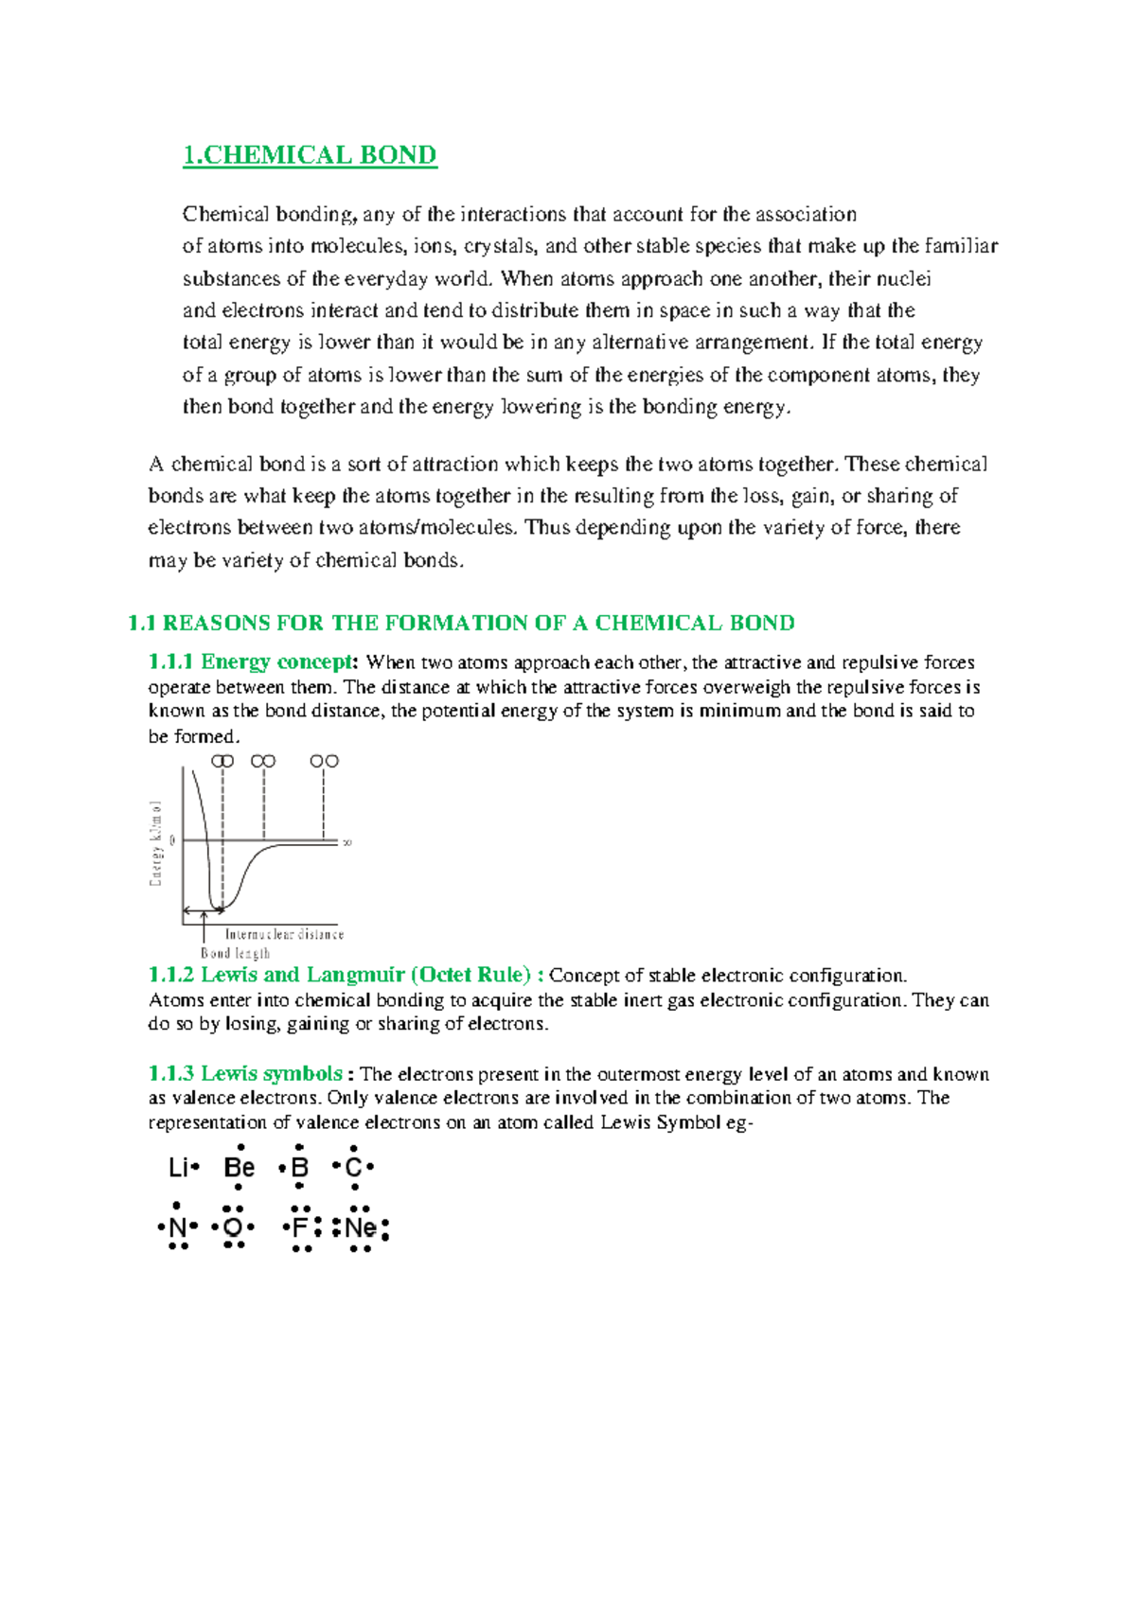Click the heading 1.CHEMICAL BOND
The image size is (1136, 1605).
[310, 155]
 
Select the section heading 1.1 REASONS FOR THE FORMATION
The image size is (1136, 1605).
[461, 623]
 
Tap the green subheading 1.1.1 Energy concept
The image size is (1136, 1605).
[252, 661]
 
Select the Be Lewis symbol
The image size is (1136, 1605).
[240, 1168]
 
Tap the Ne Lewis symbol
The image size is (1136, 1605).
[361, 1228]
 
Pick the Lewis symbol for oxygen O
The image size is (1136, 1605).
[233, 1228]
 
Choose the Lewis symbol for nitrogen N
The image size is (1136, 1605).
[177, 1228]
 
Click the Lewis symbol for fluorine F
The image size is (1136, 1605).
[301, 1228]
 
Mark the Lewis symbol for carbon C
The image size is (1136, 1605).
[353, 1168]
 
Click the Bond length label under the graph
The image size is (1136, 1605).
[235, 953]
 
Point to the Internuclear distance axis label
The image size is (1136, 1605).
[285, 934]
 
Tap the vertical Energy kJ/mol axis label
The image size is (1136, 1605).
[156, 843]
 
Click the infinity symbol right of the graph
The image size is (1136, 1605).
[347, 841]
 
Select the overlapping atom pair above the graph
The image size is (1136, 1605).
[222, 761]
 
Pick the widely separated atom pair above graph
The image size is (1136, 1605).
[324, 761]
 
